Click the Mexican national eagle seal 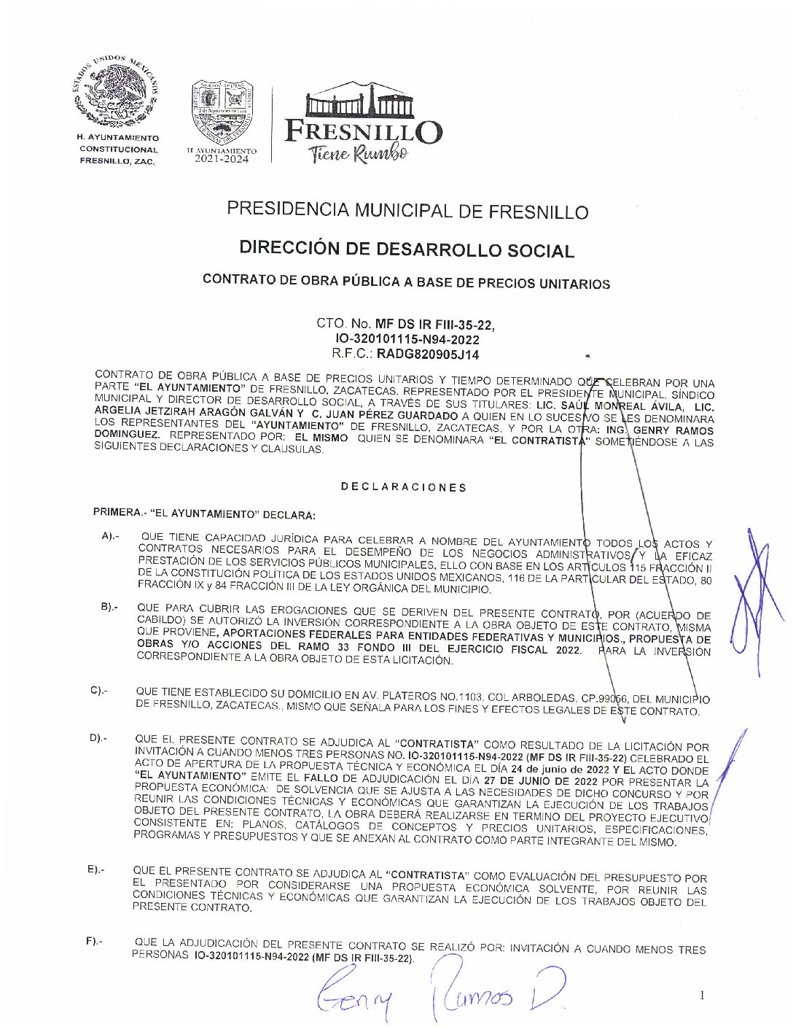pos(117,92)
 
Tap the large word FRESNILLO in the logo pos(362,131)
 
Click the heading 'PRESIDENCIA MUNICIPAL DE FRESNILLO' pos(407,211)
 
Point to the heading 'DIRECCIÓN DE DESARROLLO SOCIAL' pos(407,249)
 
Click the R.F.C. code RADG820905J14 pos(428,354)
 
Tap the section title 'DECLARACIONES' pos(403,487)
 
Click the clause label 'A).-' pos(111,536)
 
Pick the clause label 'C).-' pos(99,690)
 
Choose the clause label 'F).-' pos(95,941)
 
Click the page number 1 pos(702,995)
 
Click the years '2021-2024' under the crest pos(221,159)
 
